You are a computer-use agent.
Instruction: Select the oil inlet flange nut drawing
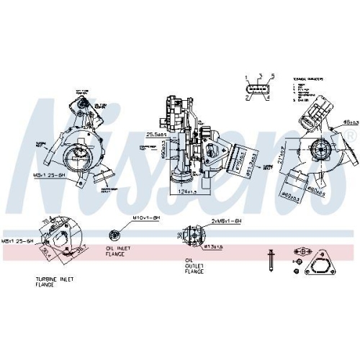(113, 235)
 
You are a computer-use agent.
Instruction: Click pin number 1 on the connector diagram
(246, 77)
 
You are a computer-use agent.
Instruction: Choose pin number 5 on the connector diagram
(273, 77)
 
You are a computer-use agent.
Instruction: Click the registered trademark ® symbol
(350, 135)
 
